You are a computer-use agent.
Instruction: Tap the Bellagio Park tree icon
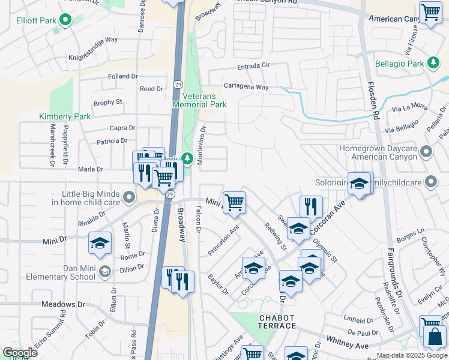point(432,63)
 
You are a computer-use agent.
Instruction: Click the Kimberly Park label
point(65,116)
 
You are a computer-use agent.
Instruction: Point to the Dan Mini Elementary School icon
point(104,272)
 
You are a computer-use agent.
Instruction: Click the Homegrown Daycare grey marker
point(426,151)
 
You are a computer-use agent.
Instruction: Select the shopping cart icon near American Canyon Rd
point(430,12)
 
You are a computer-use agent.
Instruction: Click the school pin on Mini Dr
point(100,242)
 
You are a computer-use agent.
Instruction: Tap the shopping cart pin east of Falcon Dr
point(234,202)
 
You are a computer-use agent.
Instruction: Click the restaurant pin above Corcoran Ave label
point(310,206)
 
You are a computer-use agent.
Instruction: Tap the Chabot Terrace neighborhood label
point(277,322)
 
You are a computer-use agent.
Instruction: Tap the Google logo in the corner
point(20,353)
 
